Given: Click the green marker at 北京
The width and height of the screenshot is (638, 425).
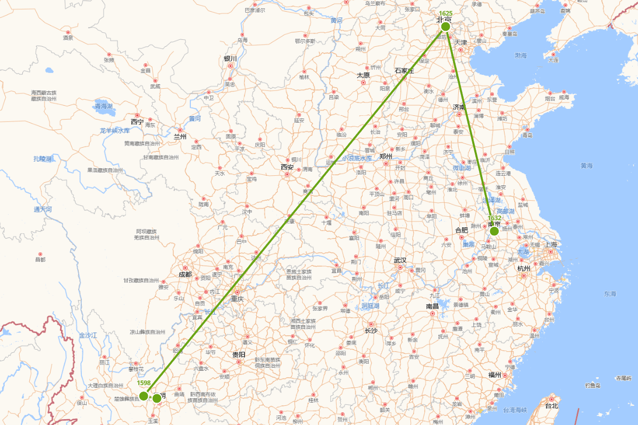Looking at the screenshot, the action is coord(446,26).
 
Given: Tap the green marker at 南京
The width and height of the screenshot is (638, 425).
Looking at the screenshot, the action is coord(494,231).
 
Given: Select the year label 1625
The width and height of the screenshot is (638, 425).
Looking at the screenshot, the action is coord(446,13).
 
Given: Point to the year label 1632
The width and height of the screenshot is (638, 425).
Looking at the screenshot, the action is coord(494,218).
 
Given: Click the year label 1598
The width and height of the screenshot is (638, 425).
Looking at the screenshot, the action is coord(144,383).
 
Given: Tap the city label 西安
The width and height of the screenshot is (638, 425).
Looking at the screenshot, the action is coord(287,167).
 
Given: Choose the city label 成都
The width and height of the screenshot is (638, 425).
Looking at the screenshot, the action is coord(185,275).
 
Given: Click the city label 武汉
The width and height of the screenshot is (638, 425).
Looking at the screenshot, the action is coord(400,260).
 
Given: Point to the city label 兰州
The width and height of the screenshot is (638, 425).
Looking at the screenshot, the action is coord(180,137).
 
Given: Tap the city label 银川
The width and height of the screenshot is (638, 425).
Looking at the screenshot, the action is coord(230,58).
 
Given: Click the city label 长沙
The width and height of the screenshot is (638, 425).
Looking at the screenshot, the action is coord(371,331).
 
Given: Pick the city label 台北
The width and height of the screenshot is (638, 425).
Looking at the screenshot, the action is coord(551,406).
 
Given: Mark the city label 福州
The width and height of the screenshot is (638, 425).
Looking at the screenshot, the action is coord(494,375).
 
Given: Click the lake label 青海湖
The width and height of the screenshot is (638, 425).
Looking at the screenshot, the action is coord(104,106).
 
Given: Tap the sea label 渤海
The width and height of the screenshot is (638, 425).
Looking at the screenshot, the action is coord(521,55).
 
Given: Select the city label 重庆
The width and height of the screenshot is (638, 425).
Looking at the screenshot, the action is coord(237,299).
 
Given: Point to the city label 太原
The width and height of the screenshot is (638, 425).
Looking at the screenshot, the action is coord(363,75).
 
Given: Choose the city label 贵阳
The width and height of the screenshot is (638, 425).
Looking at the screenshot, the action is coord(239,354).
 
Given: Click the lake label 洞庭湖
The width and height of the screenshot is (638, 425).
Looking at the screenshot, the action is coord(370,306).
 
